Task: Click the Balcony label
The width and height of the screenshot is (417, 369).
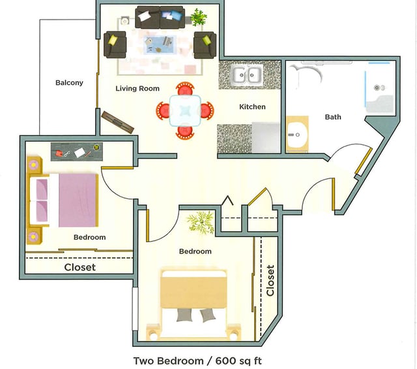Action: (69, 83)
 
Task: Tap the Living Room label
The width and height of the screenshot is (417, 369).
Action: (137, 88)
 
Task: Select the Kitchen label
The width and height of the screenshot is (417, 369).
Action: (252, 106)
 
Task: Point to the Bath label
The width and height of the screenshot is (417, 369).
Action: (333, 117)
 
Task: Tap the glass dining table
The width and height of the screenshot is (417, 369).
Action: (185, 110)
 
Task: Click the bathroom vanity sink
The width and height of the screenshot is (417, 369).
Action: (297, 135)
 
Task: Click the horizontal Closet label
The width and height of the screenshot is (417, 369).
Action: (79, 267)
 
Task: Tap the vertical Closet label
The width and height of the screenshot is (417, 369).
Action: (270, 280)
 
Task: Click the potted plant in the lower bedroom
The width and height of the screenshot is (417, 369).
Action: (201, 222)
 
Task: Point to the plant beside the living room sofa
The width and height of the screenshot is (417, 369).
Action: (198, 16)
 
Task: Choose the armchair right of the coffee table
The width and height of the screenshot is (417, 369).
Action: (205, 44)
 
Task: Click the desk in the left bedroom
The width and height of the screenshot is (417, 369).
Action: (76, 152)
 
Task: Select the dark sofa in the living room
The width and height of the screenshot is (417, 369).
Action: (160, 18)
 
